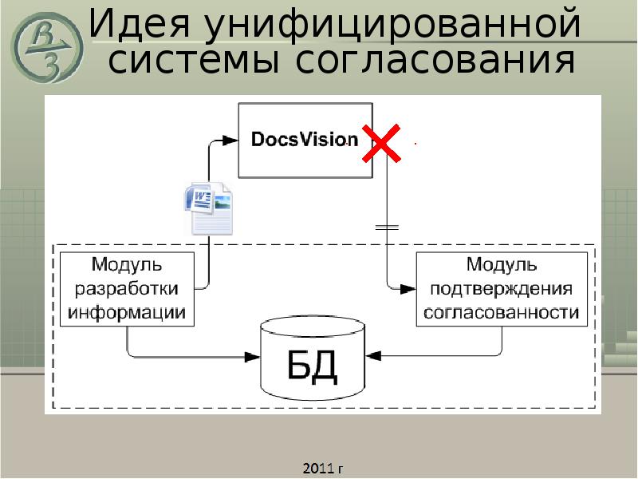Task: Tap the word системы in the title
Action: (x=195, y=61)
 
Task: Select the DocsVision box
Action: (x=305, y=140)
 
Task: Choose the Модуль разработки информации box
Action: (x=127, y=288)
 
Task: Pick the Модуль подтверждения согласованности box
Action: (x=502, y=288)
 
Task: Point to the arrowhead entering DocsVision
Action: (x=230, y=140)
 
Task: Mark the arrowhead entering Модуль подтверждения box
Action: (x=408, y=287)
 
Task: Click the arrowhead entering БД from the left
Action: (x=255, y=355)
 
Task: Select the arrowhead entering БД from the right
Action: (x=372, y=355)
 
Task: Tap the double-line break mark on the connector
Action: (x=387, y=227)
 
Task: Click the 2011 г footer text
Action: (x=322, y=467)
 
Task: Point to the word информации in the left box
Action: (x=127, y=312)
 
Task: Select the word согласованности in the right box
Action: (x=502, y=312)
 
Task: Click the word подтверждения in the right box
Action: (x=502, y=288)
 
